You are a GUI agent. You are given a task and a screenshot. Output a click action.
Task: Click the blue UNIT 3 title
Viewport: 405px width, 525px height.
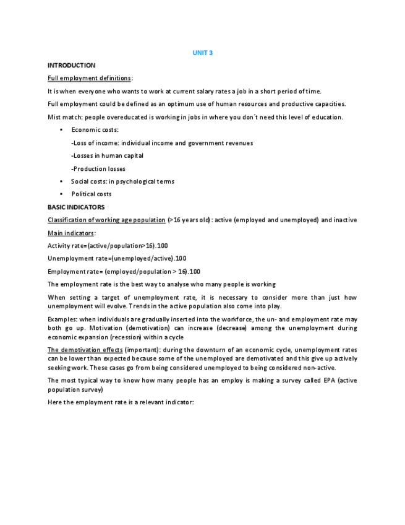(x=202, y=53)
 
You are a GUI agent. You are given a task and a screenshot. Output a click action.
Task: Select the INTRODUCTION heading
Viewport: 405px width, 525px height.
(x=71, y=66)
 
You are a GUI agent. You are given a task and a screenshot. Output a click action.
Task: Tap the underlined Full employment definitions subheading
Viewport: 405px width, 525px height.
(x=89, y=78)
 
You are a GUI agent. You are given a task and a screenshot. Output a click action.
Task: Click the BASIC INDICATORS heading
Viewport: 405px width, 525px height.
(x=76, y=207)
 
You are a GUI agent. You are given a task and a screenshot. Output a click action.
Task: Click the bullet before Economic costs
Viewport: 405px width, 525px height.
(x=61, y=130)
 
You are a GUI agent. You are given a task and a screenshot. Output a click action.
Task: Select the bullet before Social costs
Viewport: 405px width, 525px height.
(x=61, y=181)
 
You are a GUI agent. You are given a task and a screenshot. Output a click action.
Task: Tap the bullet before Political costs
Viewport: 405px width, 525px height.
(x=61, y=194)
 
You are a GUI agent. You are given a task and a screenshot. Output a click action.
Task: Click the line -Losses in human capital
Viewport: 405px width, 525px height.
(x=107, y=155)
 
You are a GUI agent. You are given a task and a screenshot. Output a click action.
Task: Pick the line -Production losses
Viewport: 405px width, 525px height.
(x=98, y=168)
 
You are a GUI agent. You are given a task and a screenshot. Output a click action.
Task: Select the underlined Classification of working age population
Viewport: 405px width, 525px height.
(x=106, y=220)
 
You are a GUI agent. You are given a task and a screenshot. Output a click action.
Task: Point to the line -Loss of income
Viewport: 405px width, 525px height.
(x=162, y=143)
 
